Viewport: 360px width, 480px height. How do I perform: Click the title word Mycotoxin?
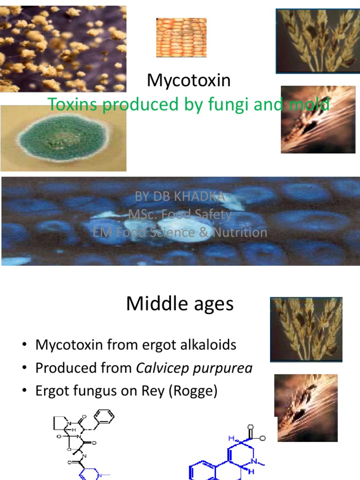click(189, 81)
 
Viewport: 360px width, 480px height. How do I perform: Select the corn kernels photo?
click(181, 37)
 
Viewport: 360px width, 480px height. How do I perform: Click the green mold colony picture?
click(62, 138)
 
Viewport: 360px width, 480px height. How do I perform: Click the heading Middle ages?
click(180, 305)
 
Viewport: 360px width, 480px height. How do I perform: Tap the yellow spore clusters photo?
click(63, 48)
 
